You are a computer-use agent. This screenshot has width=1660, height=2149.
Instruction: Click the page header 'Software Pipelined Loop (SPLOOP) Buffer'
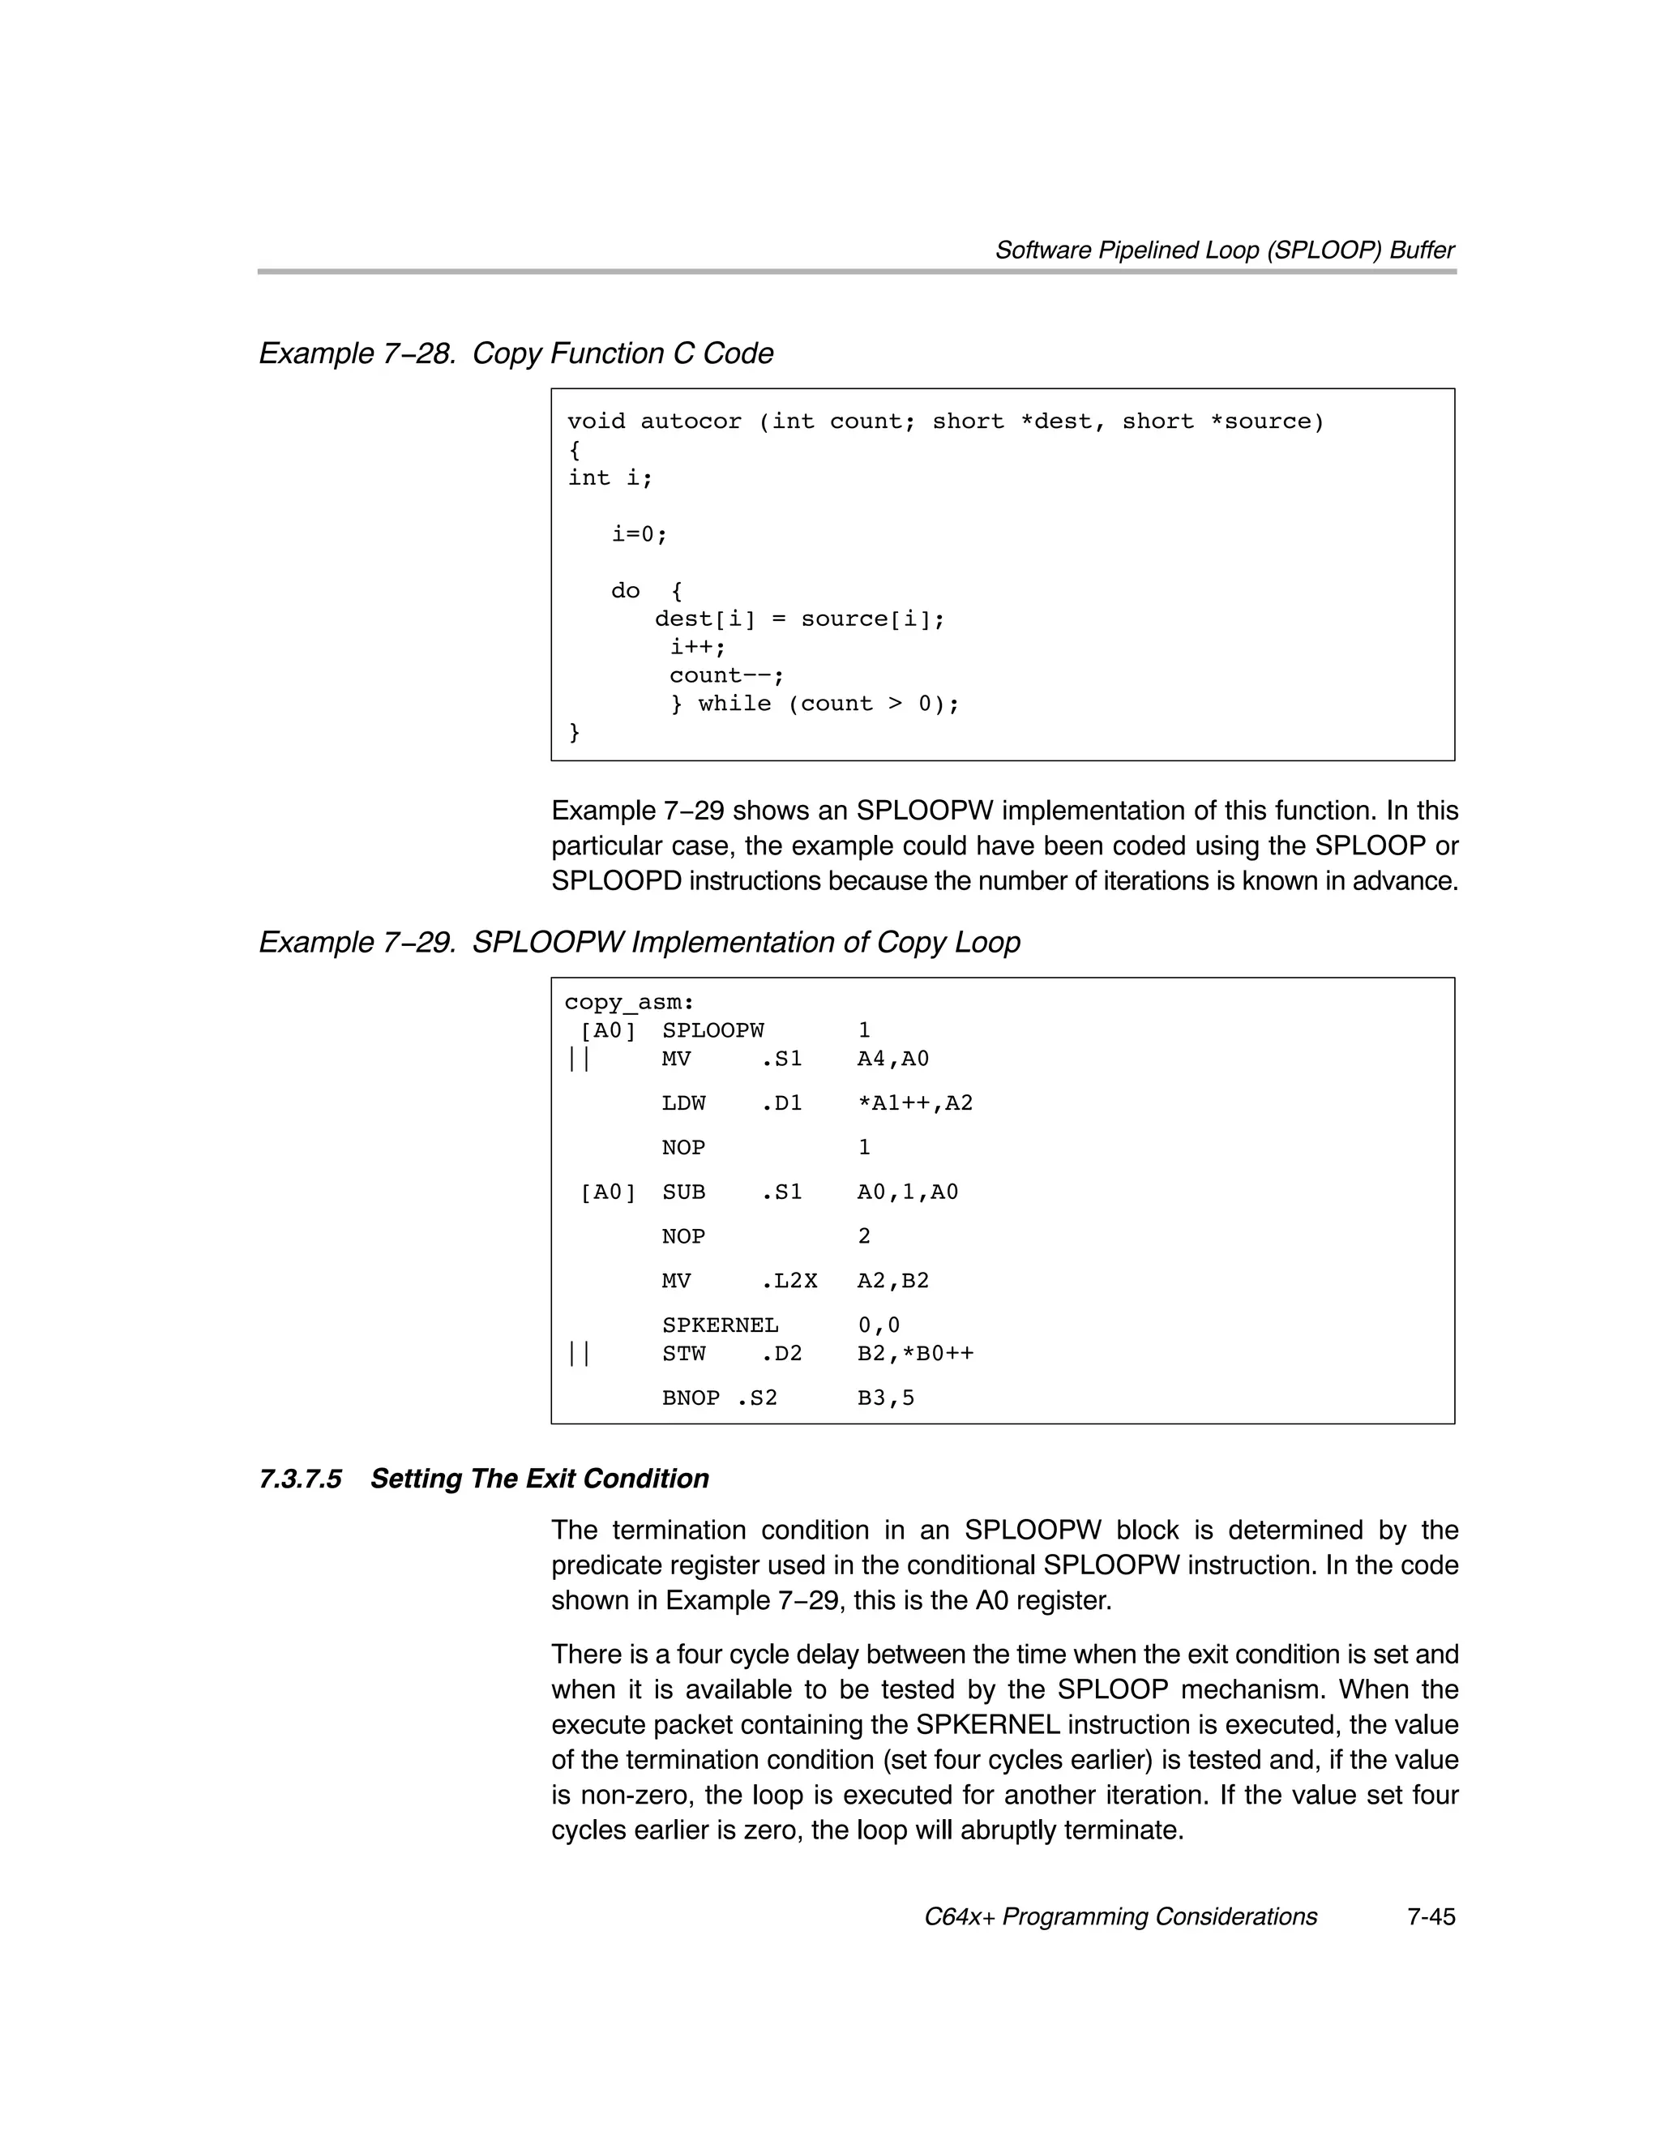1224,250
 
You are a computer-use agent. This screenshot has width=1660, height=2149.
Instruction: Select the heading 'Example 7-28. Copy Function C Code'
516,353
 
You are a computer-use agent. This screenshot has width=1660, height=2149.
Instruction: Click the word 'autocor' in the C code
691,422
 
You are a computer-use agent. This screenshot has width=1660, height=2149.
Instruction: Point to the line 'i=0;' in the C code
640,534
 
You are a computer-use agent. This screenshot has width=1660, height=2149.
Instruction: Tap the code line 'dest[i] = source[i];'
799,619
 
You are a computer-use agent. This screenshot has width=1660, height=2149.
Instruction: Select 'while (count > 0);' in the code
828,704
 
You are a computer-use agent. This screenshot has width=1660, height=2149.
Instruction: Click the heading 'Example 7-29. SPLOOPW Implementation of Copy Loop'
639,942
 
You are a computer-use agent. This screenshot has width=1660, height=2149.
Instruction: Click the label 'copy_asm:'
629,1003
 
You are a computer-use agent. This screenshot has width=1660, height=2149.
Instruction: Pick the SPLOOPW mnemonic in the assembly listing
712,1030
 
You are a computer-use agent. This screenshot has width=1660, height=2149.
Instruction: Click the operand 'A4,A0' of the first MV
892,1059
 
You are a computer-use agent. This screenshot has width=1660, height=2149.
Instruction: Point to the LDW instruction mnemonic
683,1103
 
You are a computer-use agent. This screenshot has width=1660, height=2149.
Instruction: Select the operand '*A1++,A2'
914,1103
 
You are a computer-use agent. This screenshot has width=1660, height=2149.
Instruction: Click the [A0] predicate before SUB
608,1192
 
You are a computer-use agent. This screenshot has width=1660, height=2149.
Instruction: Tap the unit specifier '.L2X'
789,1280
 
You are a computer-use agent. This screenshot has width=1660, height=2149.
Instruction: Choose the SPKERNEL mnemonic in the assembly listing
719,1325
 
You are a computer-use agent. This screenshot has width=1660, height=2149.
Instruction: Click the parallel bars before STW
579,1354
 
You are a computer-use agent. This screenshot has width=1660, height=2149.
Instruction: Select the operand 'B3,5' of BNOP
886,1398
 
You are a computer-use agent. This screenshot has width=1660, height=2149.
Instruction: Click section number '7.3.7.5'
300,1479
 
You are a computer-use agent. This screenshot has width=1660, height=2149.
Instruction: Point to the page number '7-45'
1430,1917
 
